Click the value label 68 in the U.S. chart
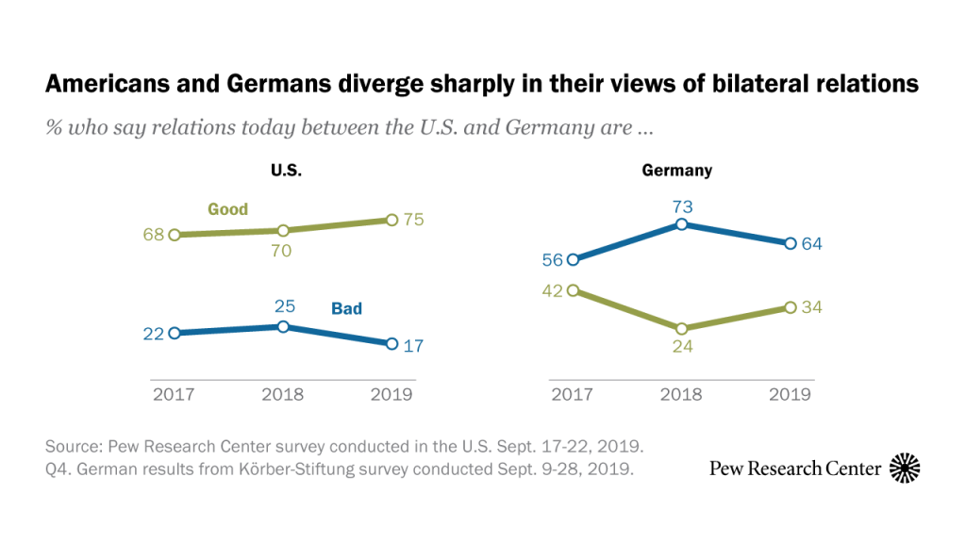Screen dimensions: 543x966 click(x=153, y=234)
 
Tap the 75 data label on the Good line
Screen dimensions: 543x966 click(x=413, y=220)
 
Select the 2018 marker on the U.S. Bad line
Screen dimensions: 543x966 click(x=283, y=326)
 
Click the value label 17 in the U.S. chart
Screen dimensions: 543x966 click(x=413, y=345)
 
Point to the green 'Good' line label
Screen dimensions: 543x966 click(x=227, y=209)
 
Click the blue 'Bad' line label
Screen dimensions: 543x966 click(x=346, y=308)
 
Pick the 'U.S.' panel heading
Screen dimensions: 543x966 click(x=284, y=171)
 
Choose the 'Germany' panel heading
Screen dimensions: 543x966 click(x=676, y=171)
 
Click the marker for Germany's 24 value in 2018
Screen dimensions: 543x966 click(x=679, y=328)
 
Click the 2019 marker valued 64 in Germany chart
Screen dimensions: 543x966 click(x=789, y=243)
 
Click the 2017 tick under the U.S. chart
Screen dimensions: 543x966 click(x=175, y=394)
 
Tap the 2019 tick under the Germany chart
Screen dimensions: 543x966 click(x=789, y=394)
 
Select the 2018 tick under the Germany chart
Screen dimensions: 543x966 click(x=679, y=394)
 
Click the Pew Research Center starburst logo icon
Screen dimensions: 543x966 click(x=905, y=468)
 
